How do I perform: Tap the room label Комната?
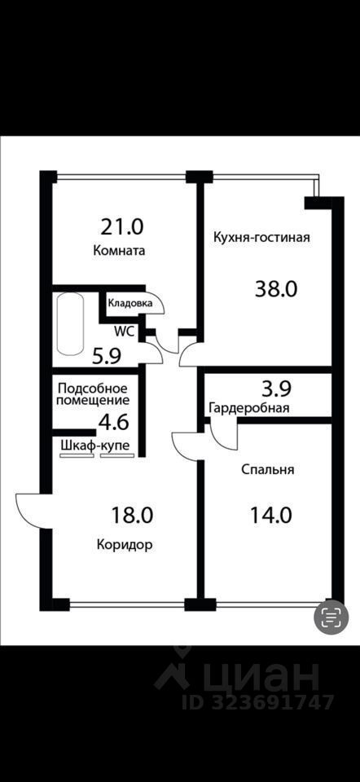(x=120, y=251)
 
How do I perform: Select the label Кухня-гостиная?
(x=261, y=238)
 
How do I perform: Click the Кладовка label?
(x=130, y=303)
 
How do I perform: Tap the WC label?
(x=124, y=331)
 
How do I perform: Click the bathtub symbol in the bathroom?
(x=70, y=325)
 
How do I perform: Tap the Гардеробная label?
(x=249, y=408)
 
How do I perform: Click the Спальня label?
(x=267, y=469)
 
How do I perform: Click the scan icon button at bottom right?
(x=331, y=617)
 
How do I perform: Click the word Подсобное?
(x=91, y=386)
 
